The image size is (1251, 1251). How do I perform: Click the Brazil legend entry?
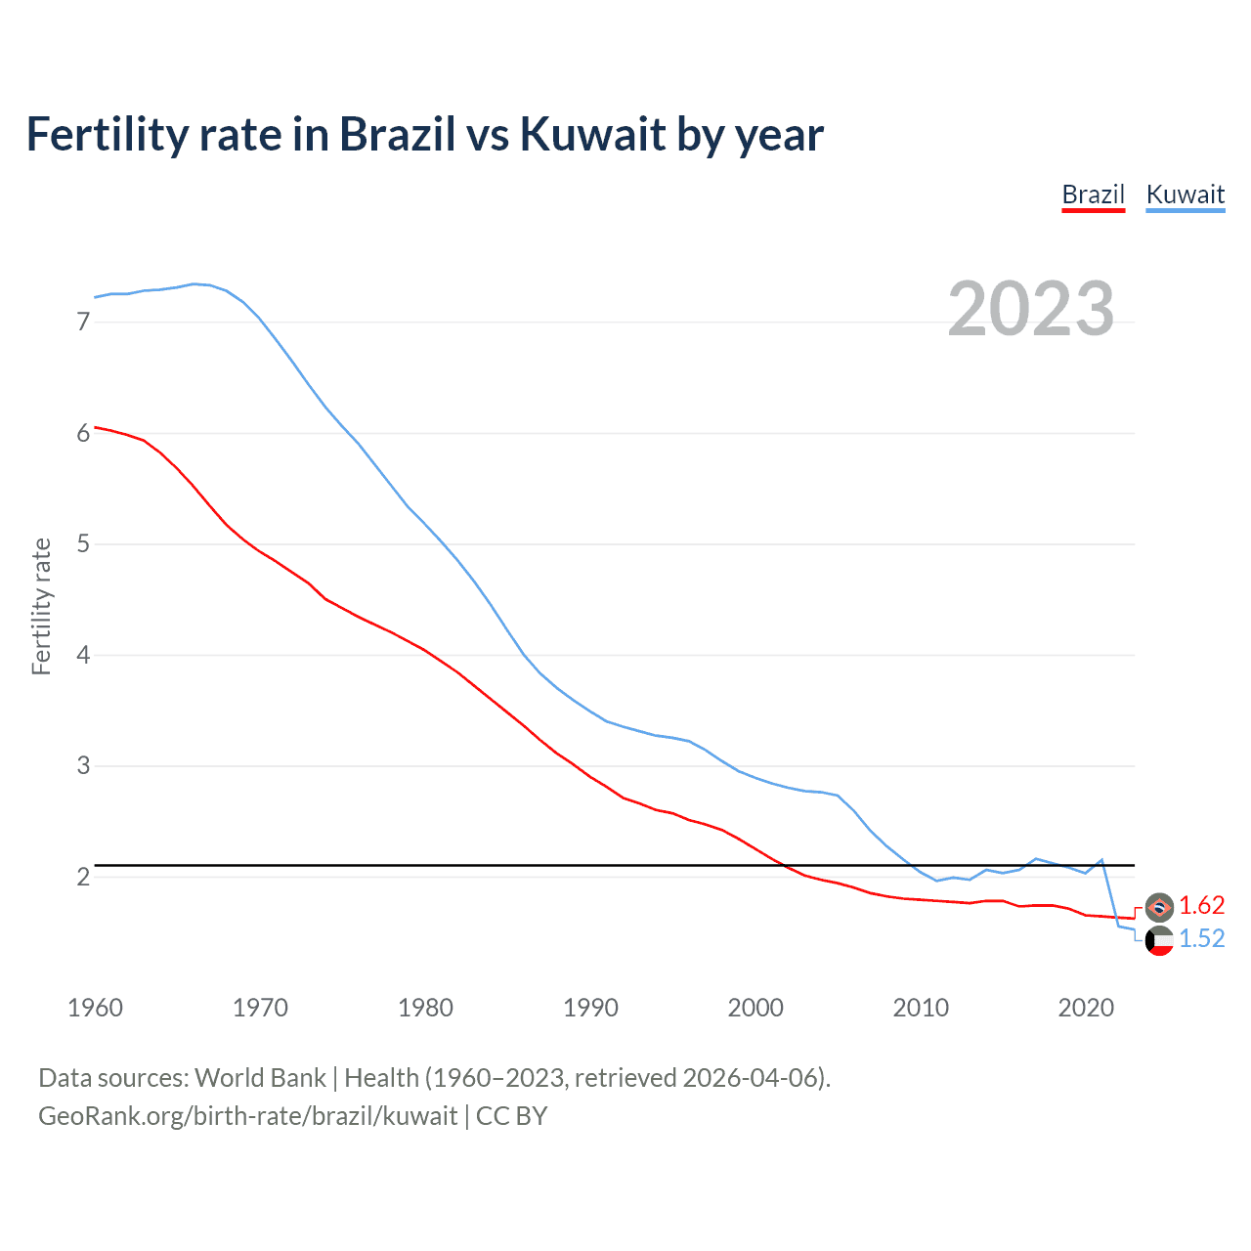coord(1093,194)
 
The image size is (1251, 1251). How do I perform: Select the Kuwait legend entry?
coord(1185,194)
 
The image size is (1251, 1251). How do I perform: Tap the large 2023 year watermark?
coord(1031,309)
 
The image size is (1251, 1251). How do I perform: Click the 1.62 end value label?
coord(1201,906)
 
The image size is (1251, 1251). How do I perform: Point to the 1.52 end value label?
coord(1201,939)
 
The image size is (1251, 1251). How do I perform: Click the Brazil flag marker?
coord(1159,907)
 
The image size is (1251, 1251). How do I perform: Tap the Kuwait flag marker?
coord(1159,941)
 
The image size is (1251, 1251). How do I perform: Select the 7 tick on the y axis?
coord(83,322)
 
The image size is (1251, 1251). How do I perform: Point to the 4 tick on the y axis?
coord(83,655)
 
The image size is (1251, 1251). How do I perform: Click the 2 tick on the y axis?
coord(83,877)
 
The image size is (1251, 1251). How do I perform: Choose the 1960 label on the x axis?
coord(95,1008)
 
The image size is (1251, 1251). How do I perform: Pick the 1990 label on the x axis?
coord(590,1008)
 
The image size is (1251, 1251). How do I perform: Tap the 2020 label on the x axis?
coord(1086,1008)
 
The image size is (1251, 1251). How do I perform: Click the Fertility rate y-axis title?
coord(41,606)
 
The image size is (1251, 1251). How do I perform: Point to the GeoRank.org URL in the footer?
coord(247,1116)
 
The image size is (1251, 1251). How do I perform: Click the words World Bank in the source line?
coord(260,1078)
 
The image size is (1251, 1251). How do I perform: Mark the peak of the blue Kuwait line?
coord(194,283)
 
